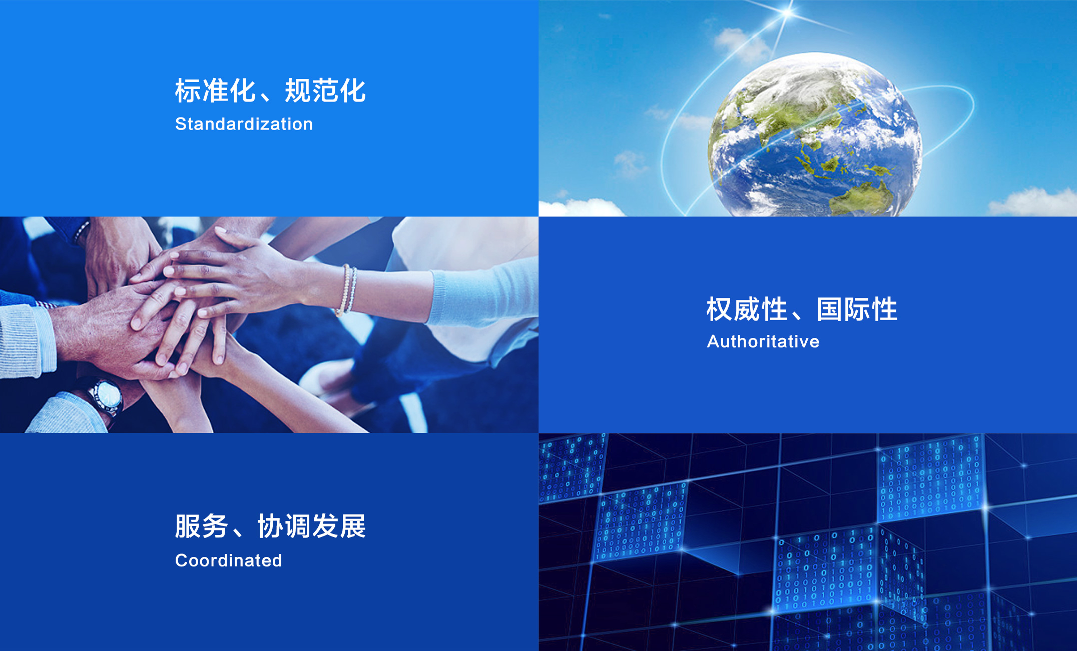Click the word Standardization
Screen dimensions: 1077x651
click(x=244, y=124)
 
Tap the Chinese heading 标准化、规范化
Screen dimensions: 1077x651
click(x=270, y=91)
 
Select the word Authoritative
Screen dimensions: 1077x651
click(x=763, y=341)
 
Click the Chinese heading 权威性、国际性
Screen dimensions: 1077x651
click(x=802, y=309)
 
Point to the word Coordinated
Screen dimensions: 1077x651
click(x=229, y=560)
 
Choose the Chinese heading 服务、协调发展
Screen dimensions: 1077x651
click(x=270, y=526)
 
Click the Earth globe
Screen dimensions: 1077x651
click(x=815, y=135)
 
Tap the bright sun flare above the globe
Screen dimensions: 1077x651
click(x=788, y=12)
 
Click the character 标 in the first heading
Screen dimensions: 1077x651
click(x=188, y=91)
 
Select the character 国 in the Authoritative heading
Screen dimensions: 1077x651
click(x=830, y=309)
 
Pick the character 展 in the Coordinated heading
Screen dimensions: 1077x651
click(x=353, y=526)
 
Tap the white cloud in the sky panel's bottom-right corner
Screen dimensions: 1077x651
click(x=1033, y=201)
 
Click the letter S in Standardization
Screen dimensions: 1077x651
click(x=181, y=124)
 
